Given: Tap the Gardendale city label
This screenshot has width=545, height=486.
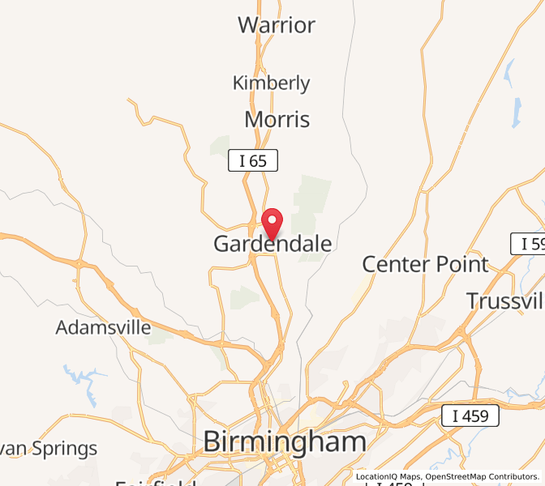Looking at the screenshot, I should pyautogui.click(x=272, y=244).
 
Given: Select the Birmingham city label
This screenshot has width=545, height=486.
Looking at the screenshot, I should pyautogui.click(x=284, y=441).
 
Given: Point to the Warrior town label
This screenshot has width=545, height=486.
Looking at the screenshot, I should pyautogui.click(x=277, y=25).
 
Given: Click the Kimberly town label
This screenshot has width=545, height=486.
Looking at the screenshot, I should pyautogui.click(x=271, y=83).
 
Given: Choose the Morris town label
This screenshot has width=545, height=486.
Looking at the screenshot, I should pyautogui.click(x=277, y=120).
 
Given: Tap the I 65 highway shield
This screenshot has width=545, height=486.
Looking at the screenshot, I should pyautogui.click(x=253, y=160).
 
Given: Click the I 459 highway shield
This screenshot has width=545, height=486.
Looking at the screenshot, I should pyautogui.click(x=470, y=416).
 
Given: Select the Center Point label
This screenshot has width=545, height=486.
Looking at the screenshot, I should pyautogui.click(x=425, y=264).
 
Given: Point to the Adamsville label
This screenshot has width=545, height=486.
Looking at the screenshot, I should pyautogui.click(x=103, y=328).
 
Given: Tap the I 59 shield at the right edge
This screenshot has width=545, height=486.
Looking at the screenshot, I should pyautogui.click(x=528, y=243).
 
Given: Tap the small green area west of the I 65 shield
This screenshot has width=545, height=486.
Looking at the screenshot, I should pyautogui.click(x=221, y=147).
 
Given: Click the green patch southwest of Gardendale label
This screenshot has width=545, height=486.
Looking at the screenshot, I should pyautogui.click(x=244, y=297).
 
